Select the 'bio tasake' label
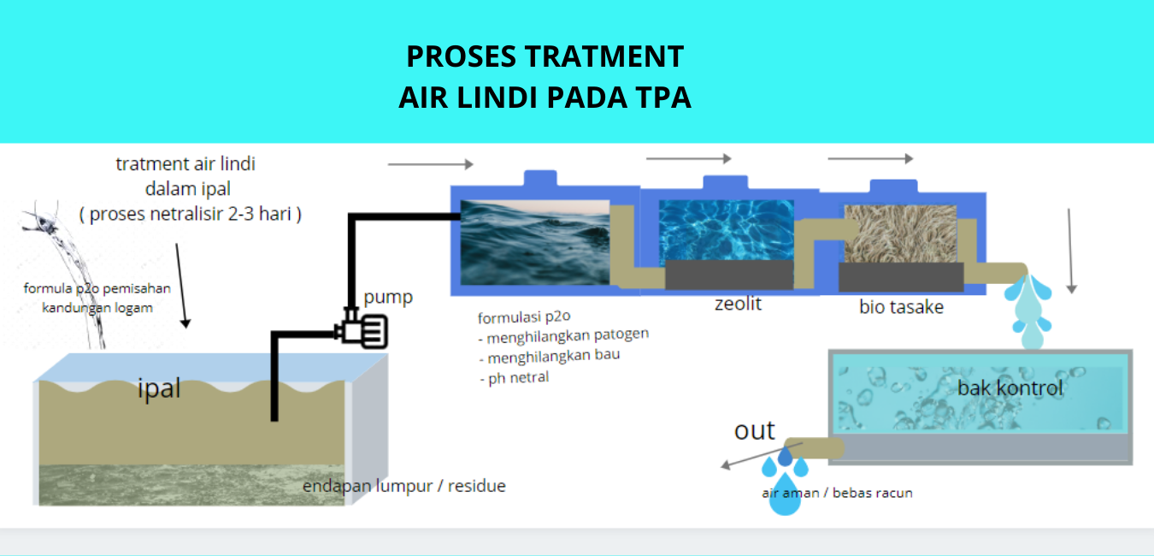(x=901, y=306)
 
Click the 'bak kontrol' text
(x=1010, y=387)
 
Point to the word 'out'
(x=754, y=430)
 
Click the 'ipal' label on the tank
(x=159, y=388)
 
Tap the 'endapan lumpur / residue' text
(x=404, y=486)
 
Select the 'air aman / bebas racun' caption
(x=837, y=493)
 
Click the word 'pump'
(x=388, y=297)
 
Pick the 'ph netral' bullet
(x=518, y=376)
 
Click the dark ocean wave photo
(x=534, y=242)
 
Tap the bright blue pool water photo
(x=727, y=230)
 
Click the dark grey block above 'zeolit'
(x=729, y=275)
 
